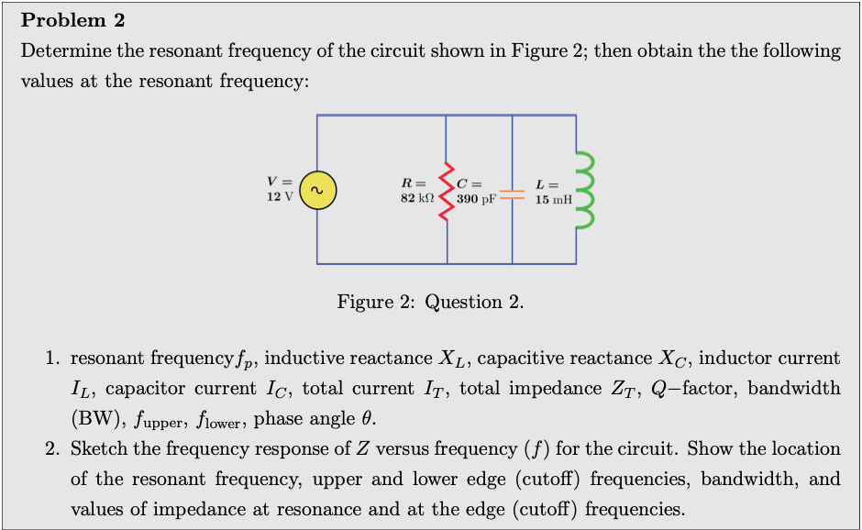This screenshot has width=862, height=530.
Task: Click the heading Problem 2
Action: [72, 20]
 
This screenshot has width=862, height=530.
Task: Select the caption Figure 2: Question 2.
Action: [430, 302]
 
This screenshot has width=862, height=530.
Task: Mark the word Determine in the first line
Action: [62, 50]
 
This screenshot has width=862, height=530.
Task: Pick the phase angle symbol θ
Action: [369, 419]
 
